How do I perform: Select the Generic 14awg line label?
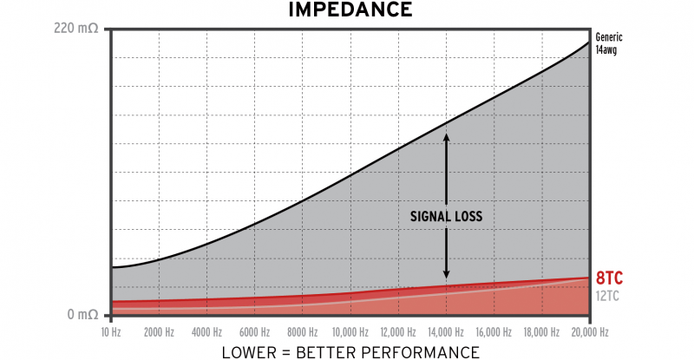(610, 43)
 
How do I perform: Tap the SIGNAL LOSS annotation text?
(446, 215)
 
